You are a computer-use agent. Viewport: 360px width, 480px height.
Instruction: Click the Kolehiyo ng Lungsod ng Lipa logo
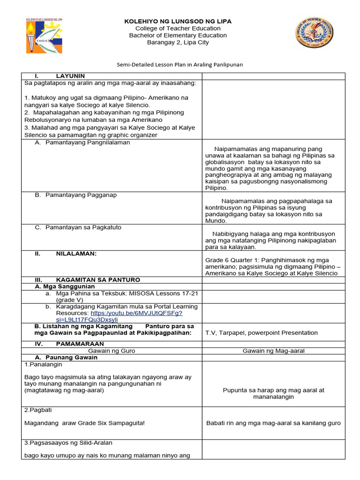pos(45,35)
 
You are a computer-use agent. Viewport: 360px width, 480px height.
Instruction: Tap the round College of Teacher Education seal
pos(315,33)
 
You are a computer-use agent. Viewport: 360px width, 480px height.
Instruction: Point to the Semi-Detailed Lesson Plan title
pos(180,65)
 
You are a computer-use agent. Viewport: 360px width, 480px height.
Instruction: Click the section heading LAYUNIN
pos(70,76)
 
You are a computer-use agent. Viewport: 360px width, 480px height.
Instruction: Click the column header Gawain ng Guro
pos(112,350)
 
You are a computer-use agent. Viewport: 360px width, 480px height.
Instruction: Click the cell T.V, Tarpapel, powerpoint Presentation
pos(261,333)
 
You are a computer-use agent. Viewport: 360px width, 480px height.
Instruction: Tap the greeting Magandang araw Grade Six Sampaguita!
pos(84,423)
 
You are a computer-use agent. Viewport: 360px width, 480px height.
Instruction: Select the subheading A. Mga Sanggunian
pos(65,286)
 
